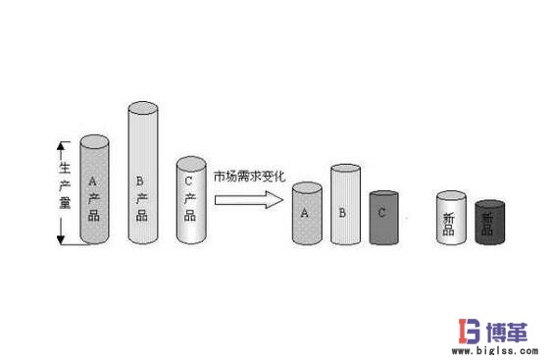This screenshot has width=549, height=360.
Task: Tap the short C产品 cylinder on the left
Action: tap(190, 201)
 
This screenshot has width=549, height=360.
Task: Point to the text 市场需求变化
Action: tap(249, 177)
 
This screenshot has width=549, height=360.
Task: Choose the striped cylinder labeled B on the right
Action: tap(344, 208)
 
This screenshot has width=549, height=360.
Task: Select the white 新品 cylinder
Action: tap(449, 218)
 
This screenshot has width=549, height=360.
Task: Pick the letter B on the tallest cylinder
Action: tap(140, 180)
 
